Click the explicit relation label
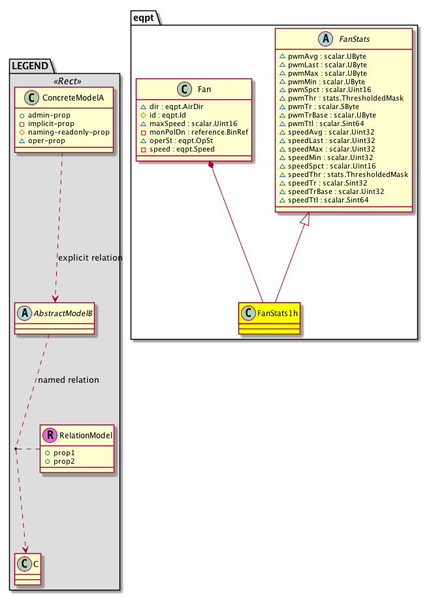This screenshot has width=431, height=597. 90,257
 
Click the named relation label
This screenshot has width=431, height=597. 69,379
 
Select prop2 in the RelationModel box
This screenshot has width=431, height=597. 64,461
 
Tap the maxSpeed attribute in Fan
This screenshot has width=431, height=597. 185,123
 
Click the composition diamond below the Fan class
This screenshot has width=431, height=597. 211,168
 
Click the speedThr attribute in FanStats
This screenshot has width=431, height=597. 343,174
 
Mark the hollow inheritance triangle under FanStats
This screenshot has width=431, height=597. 309,220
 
